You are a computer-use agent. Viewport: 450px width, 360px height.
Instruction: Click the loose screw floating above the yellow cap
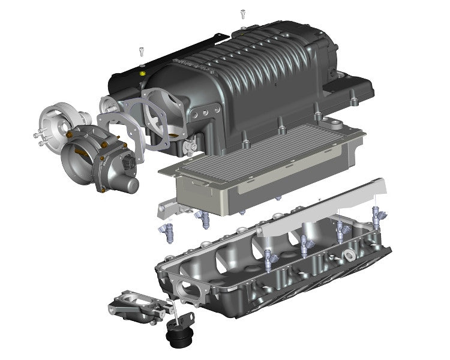[141, 52]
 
